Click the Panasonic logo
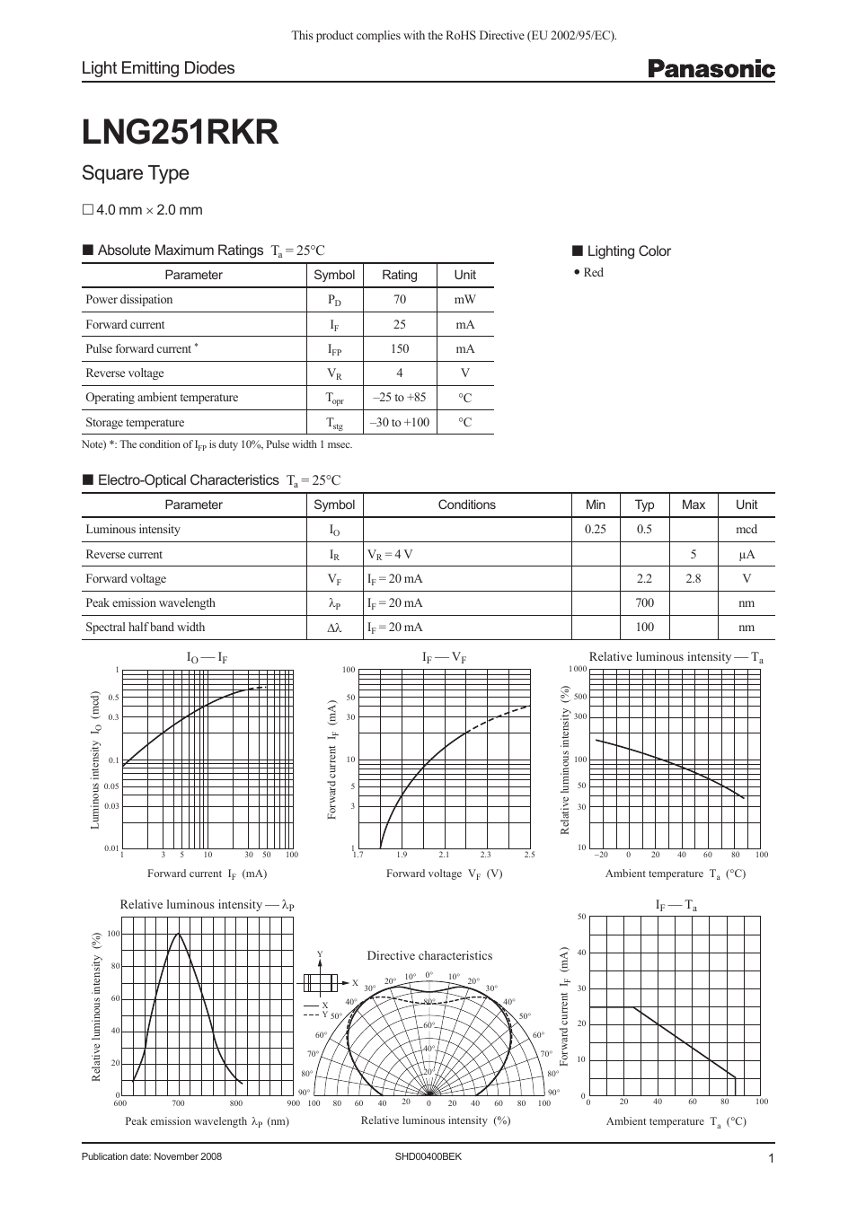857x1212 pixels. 711,69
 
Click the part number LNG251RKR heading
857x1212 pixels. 180,133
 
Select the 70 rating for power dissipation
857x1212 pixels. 400,300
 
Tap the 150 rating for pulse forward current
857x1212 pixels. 400,349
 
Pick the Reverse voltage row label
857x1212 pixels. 125,373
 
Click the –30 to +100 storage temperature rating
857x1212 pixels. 400,422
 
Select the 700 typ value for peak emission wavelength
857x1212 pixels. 644,603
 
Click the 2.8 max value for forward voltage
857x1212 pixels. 693,579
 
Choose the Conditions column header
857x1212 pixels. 466,505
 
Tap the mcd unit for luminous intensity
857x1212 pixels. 746,530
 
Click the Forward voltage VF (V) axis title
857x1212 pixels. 444,874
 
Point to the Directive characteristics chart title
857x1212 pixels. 429,956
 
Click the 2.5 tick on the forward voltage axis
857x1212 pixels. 529,855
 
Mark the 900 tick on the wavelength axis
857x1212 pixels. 294,1102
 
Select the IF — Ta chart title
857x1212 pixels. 676,906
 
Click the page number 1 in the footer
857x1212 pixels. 771,1158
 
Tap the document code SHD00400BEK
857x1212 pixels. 428,1156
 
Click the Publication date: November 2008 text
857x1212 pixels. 151,1156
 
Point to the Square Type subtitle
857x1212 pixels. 136,173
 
